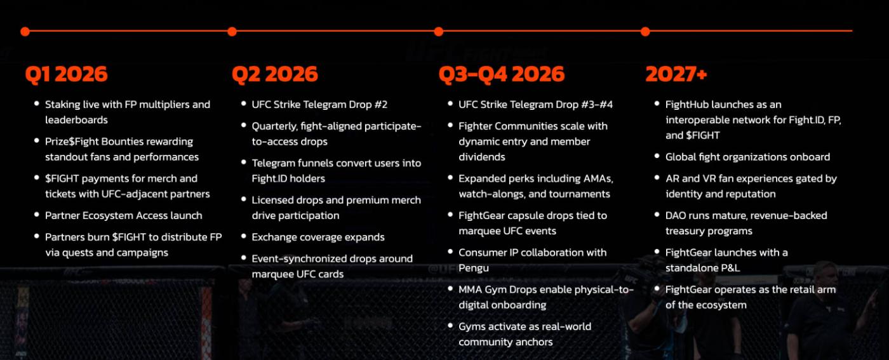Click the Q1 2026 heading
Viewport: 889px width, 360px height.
click(66, 74)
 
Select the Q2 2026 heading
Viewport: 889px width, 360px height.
click(274, 74)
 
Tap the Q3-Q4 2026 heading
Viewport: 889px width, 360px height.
click(501, 74)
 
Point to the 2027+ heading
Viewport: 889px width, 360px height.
click(676, 74)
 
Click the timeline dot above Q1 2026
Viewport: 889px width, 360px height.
click(25, 31)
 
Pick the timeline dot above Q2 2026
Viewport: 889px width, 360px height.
click(232, 31)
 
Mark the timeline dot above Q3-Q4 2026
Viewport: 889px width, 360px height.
click(439, 31)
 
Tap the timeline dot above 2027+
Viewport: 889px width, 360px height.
click(645, 31)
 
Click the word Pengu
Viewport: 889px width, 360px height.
click(474, 269)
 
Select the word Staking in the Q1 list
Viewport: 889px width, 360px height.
click(63, 105)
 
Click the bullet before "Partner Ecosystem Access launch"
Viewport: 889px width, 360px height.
click(37, 215)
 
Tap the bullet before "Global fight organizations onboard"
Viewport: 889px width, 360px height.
click(657, 156)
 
